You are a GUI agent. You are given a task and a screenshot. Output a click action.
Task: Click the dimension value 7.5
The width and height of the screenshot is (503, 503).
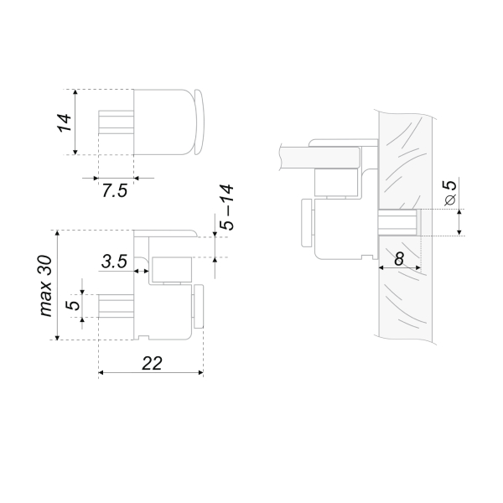pyautogui.click(x=115, y=190)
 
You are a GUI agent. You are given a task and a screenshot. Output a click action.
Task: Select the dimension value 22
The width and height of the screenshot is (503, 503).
pyautogui.click(x=152, y=364)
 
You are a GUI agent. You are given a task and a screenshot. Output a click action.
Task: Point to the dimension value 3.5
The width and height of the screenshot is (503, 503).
pyautogui.click(x=114, y=261)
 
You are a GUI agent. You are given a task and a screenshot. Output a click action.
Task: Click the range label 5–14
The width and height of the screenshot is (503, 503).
pyautogui.click(x=227, y=207)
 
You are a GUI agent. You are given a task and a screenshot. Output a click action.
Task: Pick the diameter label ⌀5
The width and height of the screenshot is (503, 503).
pyautogui.click(x=450, y=193)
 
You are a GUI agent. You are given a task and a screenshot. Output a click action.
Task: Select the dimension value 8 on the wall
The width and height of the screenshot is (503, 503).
pyautogui.click(x=399, y=258)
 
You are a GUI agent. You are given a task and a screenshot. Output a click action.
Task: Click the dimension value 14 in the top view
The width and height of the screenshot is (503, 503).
pyautogui.click(x=65, y=122)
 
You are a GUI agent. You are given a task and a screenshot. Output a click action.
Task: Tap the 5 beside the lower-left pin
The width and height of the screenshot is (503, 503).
pyautogui.click(x=74, y=305)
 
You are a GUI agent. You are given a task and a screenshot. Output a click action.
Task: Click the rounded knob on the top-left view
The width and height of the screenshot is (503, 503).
pyautogui.click(x=199, y=122)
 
